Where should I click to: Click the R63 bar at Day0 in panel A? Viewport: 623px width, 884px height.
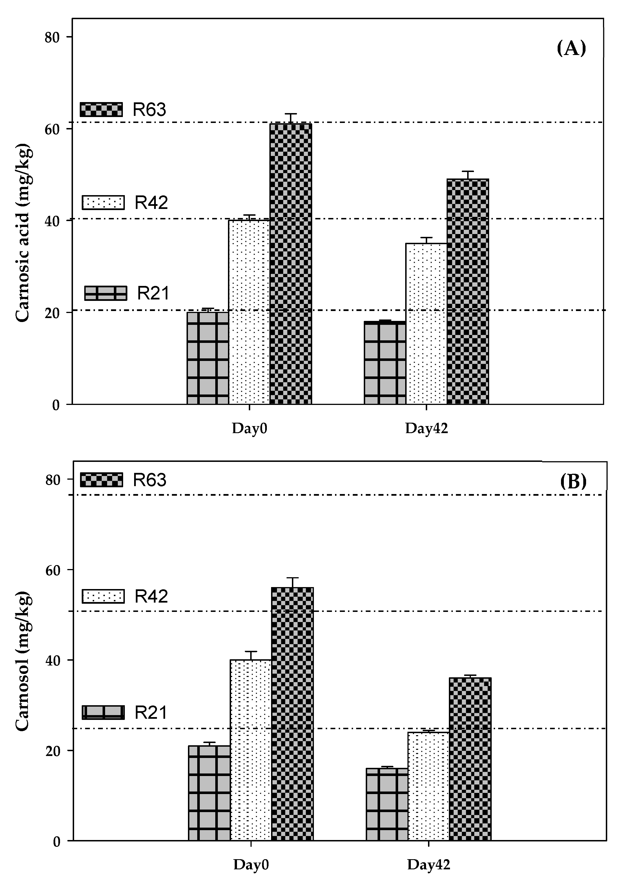tap(291, 264)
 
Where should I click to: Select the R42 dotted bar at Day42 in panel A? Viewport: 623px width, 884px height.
tap(426, 323)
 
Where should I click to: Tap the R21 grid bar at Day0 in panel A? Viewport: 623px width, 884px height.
tap(208, 358)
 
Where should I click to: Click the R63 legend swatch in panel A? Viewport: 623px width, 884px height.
tap(101, 109)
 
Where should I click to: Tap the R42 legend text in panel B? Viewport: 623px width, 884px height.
tap(151, 596)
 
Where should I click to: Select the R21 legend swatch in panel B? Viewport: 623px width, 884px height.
tap(103, 712)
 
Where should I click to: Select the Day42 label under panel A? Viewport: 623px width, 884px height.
tap(426, 429)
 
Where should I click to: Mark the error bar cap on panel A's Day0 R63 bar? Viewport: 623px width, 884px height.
tap(291, 114)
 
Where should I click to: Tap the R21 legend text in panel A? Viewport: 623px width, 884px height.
tap(153, 293)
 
